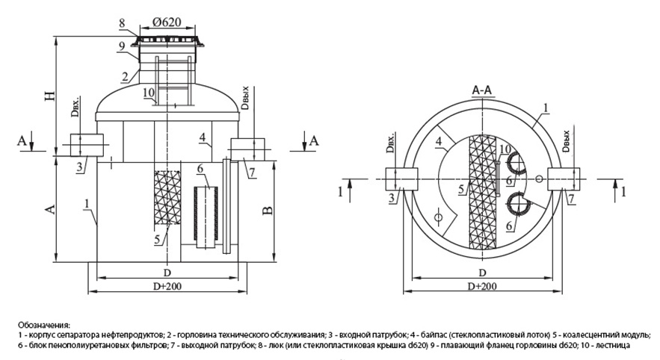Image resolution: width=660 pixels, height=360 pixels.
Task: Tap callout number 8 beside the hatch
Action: [121, 23]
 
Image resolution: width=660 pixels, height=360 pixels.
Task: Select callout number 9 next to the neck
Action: [121, 45]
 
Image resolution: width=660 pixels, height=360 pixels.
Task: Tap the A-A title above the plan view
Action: [481, 89]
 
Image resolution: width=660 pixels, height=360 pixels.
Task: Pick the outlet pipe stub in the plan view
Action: [561, 179]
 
